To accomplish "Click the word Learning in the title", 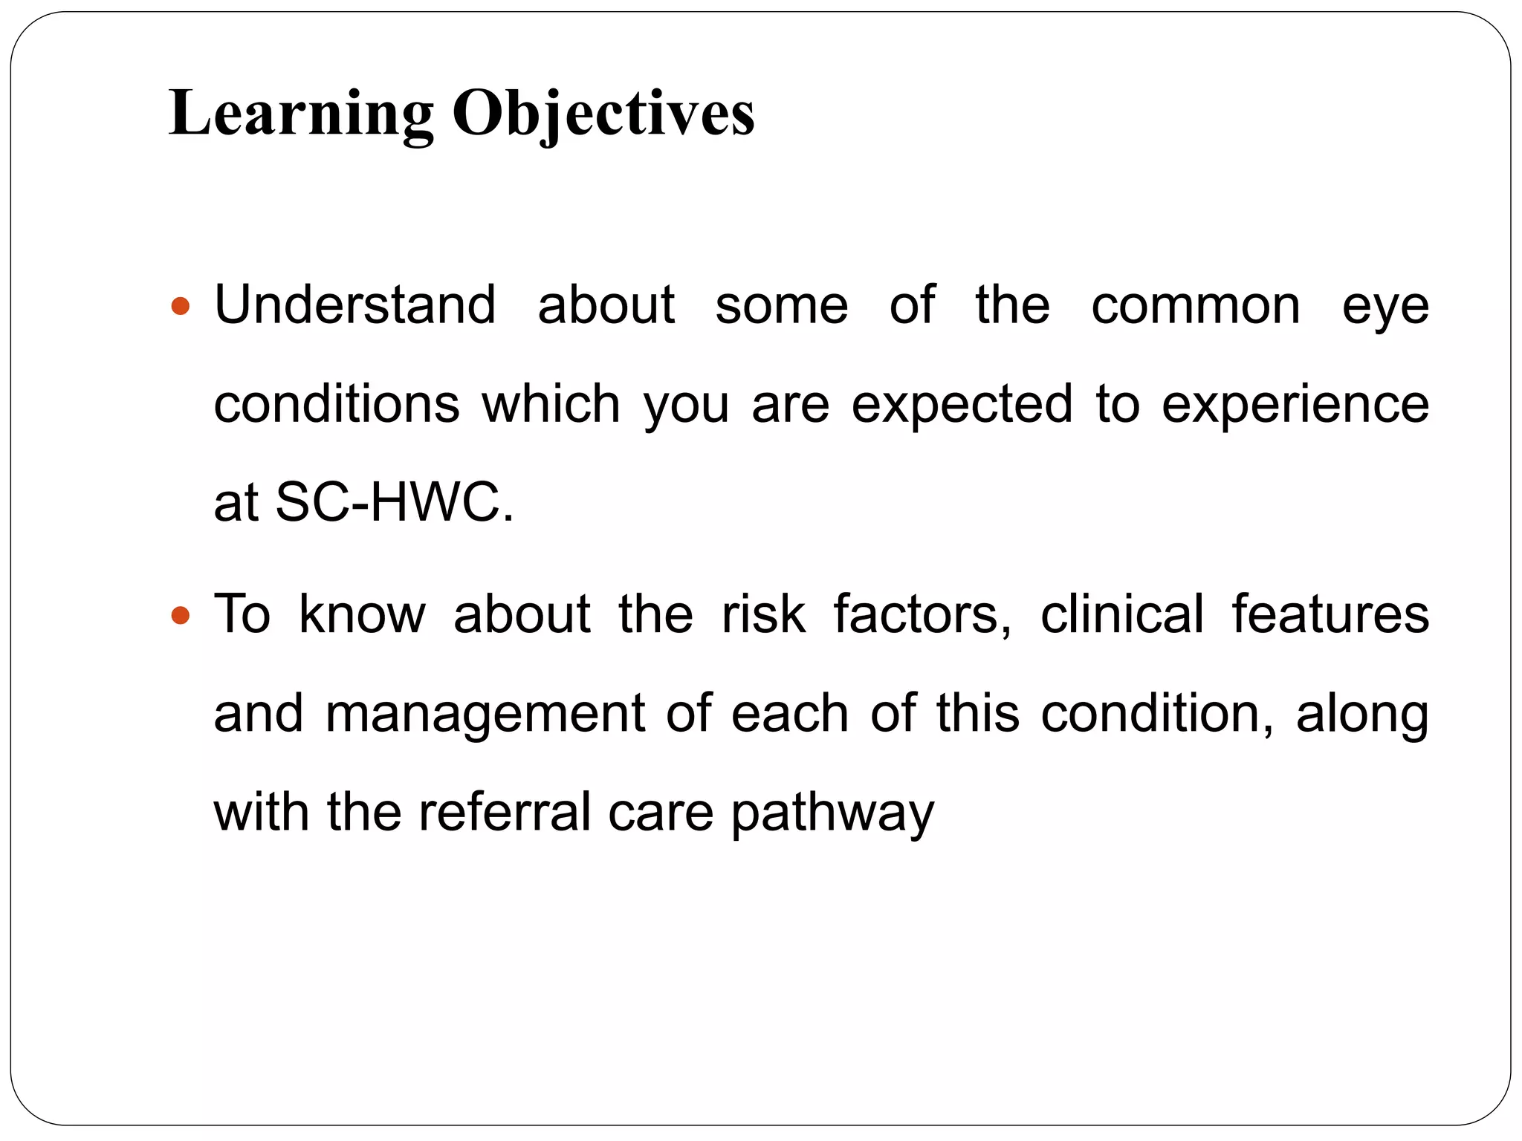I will [x=300, y=114].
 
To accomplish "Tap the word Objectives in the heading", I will [x=603, y=114].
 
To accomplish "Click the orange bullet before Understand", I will [x=181, y=305].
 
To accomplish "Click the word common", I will [x=1195, y=306].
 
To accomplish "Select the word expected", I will [x=962, y=405].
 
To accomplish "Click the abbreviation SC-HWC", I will [x=394, y=502].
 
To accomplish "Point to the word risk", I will [x=763, y=614].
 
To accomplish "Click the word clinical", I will [x=1121, y=614].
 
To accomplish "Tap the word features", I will [x=1330, y=614].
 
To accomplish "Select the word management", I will [x=485, y=715].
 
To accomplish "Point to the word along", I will [x=1362, y=715].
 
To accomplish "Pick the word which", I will [x=551, y=405].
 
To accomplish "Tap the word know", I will [x=362, y=614].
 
